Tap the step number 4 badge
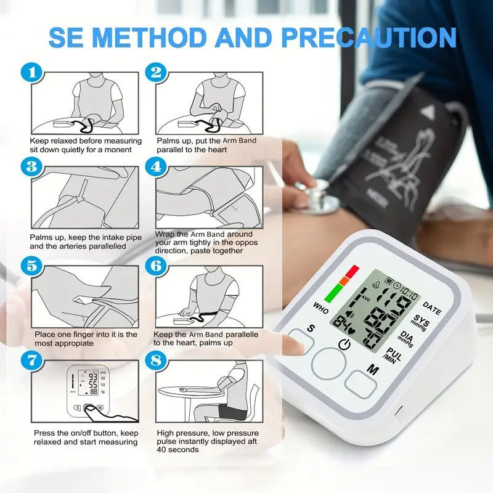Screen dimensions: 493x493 click(x=157, y=166)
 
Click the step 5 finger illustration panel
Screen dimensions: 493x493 click(x=86, y=296)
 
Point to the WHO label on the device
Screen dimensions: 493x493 click(x=320, y=305)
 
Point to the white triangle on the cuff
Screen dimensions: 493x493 click(x=428, y=112)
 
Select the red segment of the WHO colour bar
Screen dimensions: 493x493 click(x=352, y=271)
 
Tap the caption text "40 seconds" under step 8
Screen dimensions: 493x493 click(x=177, y=450)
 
